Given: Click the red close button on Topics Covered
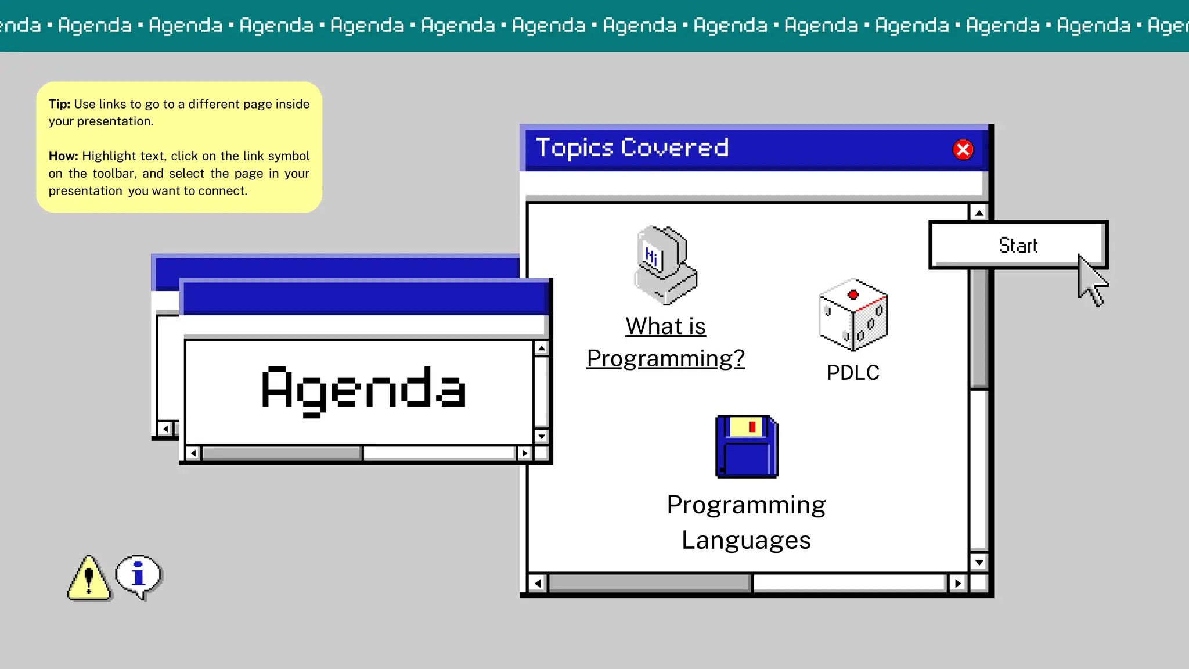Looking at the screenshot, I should coord(963,150).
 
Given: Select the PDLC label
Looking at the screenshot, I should coord(853,373).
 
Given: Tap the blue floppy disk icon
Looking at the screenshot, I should coord(747,447).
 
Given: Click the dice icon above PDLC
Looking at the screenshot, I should coord(853,315).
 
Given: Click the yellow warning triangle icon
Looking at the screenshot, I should coord(88,578).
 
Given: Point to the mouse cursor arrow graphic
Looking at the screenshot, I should coord(1092,281).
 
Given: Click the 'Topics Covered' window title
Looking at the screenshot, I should coord(632,148).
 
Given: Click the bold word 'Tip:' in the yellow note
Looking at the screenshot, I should coord(59,105).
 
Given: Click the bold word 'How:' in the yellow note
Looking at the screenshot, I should coord(63,156).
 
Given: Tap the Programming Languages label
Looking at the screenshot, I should coord(746,522).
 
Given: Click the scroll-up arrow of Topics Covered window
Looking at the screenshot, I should coord(979,213).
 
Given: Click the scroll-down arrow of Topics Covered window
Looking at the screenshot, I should coord(979,562).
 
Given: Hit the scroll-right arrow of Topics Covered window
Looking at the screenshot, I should coord(957,583).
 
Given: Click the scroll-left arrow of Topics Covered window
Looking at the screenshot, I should coord(538,583).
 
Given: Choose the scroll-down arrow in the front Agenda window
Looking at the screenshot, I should coord(541,436).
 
